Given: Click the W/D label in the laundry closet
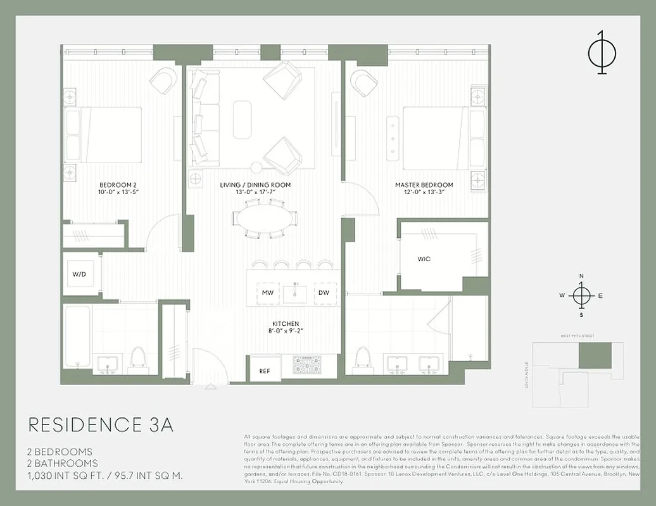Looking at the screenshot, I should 79,275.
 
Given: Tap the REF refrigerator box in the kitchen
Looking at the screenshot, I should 265,371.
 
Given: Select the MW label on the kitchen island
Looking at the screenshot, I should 267,293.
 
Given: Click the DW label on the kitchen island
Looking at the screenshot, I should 324,293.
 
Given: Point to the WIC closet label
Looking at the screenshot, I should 424,259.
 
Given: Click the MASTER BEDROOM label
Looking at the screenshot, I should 424,185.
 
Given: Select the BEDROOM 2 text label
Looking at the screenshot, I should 118,185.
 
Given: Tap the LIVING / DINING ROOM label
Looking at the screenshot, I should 255,185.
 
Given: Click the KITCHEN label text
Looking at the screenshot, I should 286,324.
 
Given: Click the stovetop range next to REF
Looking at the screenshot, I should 306,366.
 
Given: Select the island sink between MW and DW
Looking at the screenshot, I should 295,293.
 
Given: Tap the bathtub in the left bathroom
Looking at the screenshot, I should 77,338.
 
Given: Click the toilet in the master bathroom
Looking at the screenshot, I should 363,358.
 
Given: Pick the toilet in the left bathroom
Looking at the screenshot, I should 137,358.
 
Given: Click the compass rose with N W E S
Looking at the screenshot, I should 581,295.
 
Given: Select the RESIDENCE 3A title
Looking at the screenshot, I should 101,424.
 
